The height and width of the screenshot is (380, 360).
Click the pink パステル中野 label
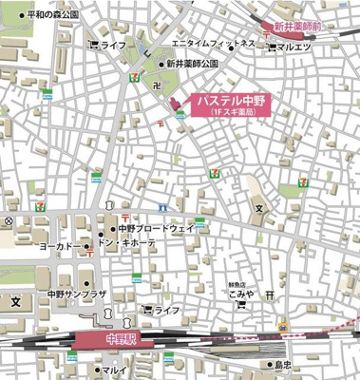(x=232, y=100)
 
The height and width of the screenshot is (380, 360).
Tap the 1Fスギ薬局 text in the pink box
(x=232, y=113)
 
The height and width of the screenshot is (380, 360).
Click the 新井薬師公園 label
(x=191, y=64)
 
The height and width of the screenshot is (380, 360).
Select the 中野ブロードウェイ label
(x=157, y=229)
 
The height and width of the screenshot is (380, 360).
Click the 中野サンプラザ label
(x=79, y=294)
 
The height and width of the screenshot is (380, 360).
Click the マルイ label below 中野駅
(x=114, y=370)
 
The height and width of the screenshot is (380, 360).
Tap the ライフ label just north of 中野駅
(x=167, y=311)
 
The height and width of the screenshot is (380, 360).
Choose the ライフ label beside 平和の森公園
(x=113, y=45)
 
